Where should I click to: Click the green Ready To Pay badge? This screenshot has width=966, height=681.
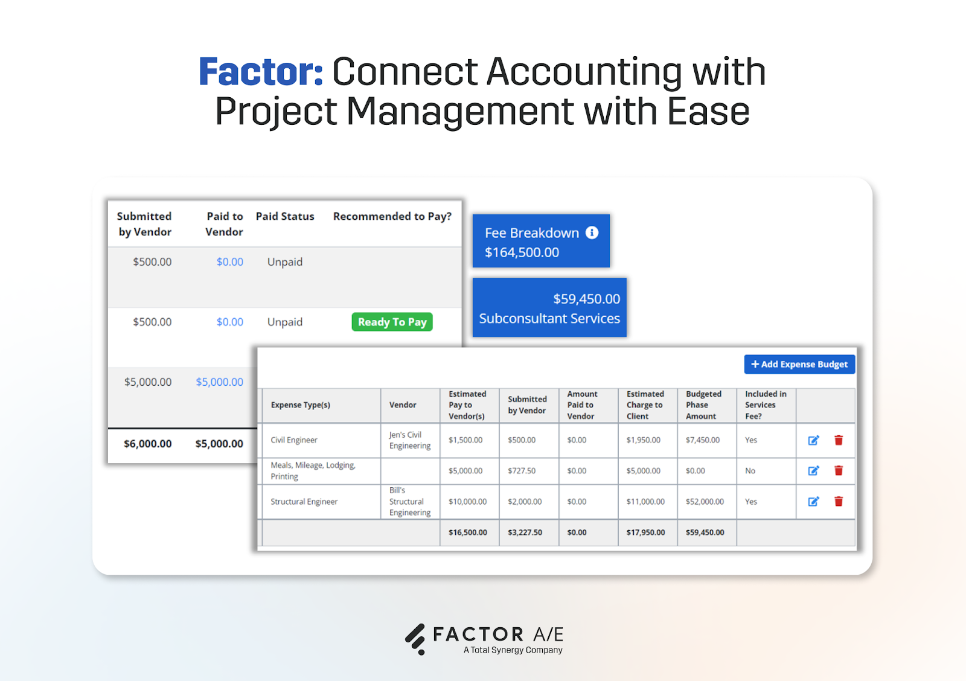pos(392,322)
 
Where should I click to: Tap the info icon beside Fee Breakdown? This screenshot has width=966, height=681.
pos(592,232)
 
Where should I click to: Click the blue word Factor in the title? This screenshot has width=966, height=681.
pos(261,72)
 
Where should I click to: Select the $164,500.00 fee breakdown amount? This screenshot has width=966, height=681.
pos(522,252)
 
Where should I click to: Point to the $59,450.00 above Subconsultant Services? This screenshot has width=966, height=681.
pos(586,299)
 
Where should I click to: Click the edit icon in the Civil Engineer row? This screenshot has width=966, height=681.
pos(813,440)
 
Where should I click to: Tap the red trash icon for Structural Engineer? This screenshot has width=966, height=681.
pos(839,501)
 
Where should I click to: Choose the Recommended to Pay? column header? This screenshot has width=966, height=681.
pos(392,216)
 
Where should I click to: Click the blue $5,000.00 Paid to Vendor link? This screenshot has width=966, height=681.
pos(219,382)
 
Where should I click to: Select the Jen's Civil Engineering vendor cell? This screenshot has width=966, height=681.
pos(410,440)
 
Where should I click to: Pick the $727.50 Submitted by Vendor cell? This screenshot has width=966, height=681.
pos(522,471)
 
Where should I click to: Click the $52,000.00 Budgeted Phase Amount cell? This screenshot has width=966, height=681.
pos(705,502)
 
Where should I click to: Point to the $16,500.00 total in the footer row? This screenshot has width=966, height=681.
pos(467,532)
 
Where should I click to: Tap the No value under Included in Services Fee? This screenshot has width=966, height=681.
pos(750,471)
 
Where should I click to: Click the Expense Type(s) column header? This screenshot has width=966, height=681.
pos(301,405)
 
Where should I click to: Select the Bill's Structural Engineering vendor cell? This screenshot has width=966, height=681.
pos(410,501)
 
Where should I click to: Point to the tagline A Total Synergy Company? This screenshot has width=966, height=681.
pos(513,650)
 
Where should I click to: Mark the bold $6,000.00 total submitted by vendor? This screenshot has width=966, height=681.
pos(147,444)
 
